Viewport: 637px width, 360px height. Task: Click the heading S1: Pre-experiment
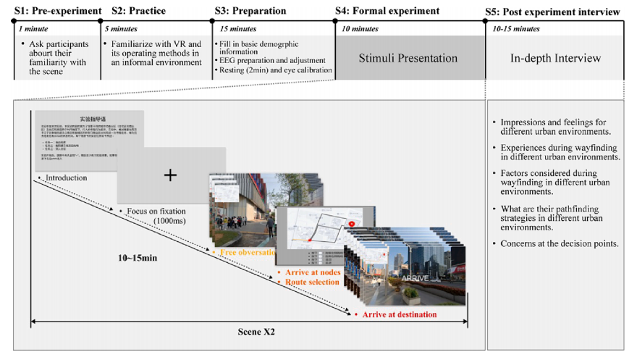(55, 12)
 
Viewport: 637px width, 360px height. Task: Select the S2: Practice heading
(144, 12)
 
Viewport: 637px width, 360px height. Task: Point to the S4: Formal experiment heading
(387, 12)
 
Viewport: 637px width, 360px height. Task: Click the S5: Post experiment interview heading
(556, 12)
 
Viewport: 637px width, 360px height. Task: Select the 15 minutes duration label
(233, 29)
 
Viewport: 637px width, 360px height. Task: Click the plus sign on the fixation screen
(170, 175)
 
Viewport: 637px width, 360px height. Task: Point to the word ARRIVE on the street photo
(415, 277)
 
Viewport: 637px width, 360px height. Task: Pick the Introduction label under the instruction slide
(66, 178)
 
